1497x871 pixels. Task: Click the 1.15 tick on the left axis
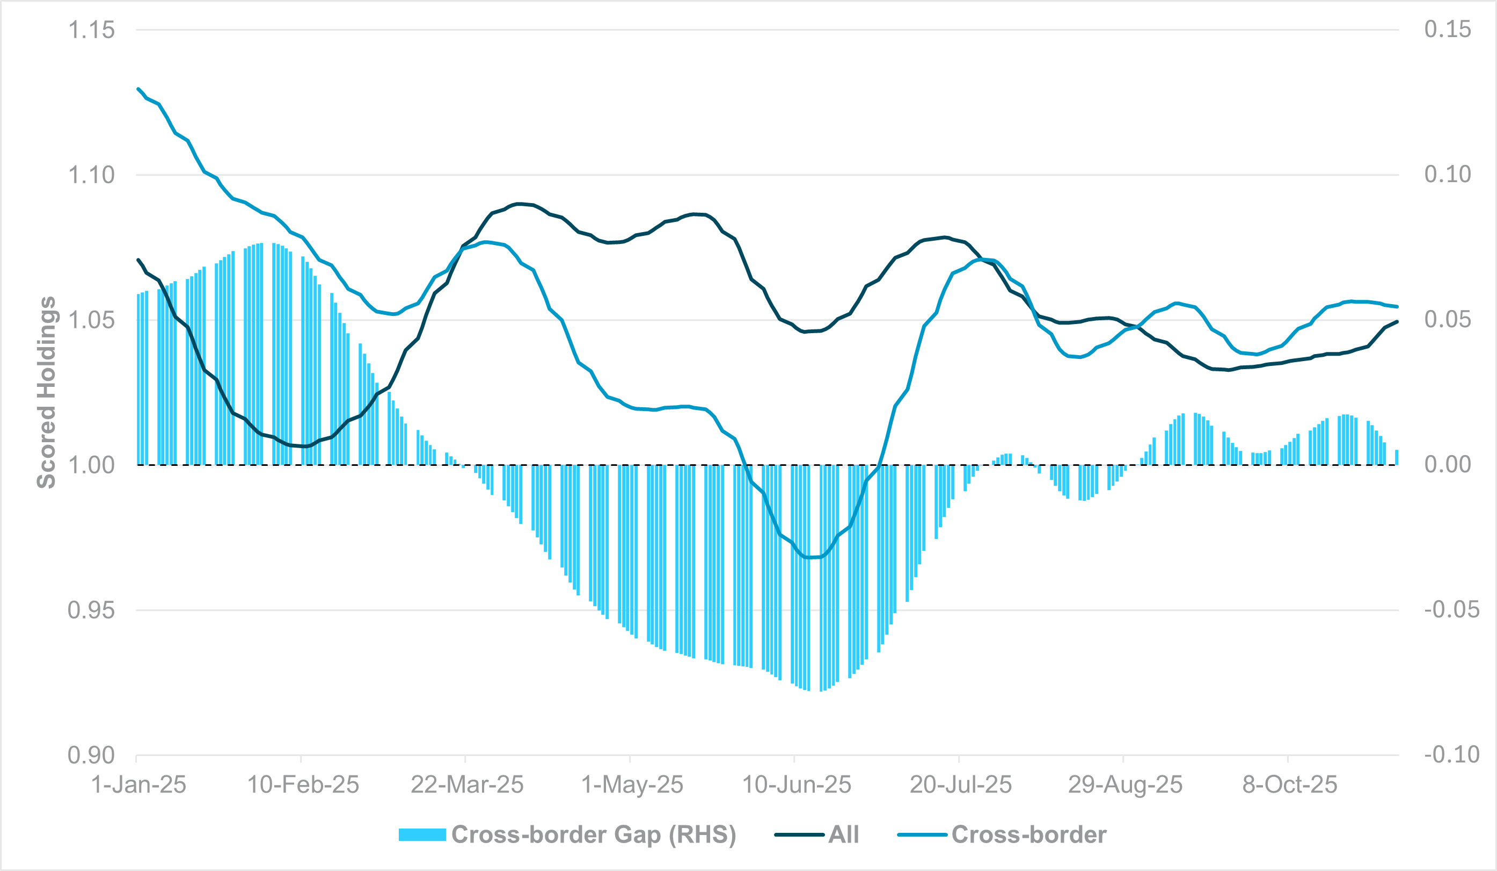[91, 30]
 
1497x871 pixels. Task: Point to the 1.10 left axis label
[91, 175]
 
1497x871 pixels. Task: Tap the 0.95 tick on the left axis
[91, 610]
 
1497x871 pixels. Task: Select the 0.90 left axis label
[91, 755]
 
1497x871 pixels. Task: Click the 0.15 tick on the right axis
[1448, 29]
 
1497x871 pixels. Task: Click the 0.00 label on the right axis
[1448, 464]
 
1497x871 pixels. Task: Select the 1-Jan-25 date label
[138, 785]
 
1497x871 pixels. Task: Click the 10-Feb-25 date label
[303, 785]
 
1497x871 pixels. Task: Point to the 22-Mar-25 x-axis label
[467, 785]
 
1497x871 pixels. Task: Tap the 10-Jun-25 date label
[797, 785]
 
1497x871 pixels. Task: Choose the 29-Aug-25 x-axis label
[1125, 785]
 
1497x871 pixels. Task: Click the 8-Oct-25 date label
[1290, 785]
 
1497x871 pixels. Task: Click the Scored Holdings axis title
[46, 392]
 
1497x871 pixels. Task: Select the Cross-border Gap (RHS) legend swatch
[422, 835]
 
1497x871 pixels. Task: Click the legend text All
[844, 835]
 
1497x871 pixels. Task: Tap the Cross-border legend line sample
[922, 835]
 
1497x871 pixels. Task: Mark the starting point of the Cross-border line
[138, 89]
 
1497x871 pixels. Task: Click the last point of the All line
[1397, 322]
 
